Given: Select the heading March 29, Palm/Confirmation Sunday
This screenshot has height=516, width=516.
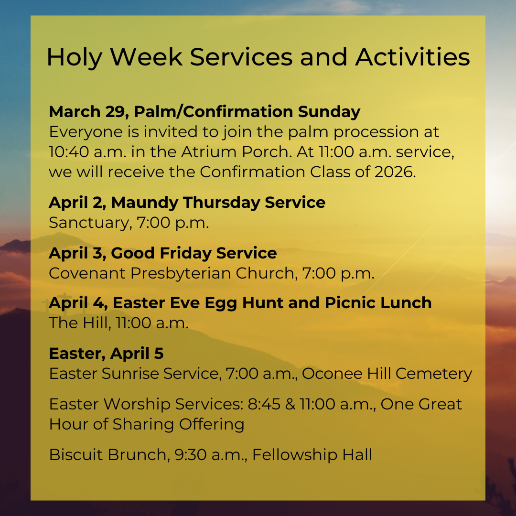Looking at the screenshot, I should tap(204, 112).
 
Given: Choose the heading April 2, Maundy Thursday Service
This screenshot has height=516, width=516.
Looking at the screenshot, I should tap(187, 203).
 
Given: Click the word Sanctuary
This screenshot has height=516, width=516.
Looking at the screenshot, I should tap(88, 223).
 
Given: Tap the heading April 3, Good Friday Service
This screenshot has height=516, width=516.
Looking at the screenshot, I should tap(162, 253).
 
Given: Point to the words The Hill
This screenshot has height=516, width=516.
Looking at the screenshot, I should tap(78, 323).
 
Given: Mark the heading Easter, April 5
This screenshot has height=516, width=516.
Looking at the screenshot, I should tap(106, 354).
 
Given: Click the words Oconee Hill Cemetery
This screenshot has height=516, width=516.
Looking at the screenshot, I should tap(387, 374).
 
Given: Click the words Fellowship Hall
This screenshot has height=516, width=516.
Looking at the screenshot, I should tap(312, 454).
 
